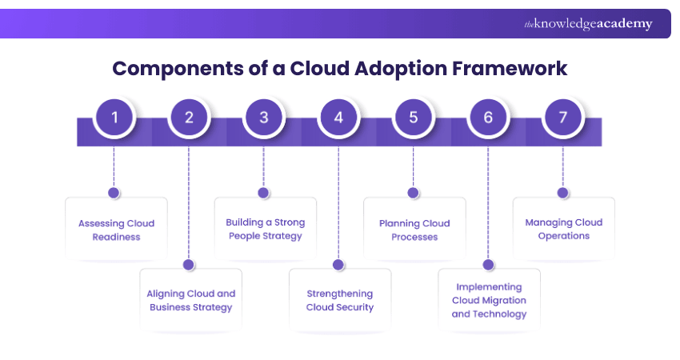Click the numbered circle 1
point(114,118)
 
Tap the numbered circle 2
point(189,118)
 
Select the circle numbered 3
point(263,118)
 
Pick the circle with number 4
point(338,118)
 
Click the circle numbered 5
point(414,118)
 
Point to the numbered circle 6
point(488,118)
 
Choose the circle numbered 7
point(563,118)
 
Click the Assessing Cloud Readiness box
point(116,230)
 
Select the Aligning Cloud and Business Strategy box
point(190,300)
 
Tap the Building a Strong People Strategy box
point(265,229)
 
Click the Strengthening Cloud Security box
point(340,300)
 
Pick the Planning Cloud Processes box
point(414,230)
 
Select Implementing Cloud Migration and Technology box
point(489,300)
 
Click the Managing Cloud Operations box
point(563,229)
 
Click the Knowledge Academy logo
point(588,24)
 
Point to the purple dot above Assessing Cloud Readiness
point(114,193)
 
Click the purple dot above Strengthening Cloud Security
point(338,264)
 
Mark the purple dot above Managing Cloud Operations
point(563,193)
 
